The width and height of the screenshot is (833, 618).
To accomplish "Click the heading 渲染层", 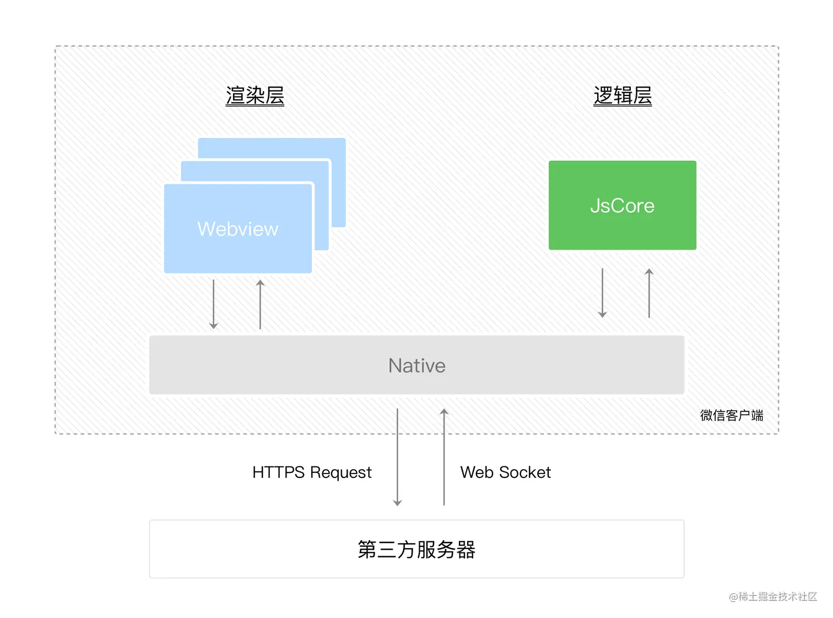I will (255, 95).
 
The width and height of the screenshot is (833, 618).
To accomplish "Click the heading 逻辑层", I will (622, 95).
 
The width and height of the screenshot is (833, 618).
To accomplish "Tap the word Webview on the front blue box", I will (238, 229).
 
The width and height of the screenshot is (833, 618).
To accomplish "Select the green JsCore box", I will (622, 205).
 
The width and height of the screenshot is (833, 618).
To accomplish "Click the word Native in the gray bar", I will (416, 366).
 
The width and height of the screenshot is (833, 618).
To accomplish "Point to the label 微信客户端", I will (731, 415).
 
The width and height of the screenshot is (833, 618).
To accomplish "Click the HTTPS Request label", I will (312, 472).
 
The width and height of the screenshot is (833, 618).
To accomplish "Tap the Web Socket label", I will (505, 472).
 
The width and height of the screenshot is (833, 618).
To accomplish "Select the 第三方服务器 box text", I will (416, 550).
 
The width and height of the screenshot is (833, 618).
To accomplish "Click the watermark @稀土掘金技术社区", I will (772, 596).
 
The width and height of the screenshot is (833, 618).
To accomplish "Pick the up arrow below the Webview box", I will (260, 304).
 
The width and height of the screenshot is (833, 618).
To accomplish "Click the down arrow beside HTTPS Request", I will (397, 457).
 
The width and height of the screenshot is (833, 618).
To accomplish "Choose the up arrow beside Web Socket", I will (444, 457).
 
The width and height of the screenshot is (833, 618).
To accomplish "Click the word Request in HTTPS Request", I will (340, 472).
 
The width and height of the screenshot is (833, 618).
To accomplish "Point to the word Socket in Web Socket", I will (524, 472).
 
